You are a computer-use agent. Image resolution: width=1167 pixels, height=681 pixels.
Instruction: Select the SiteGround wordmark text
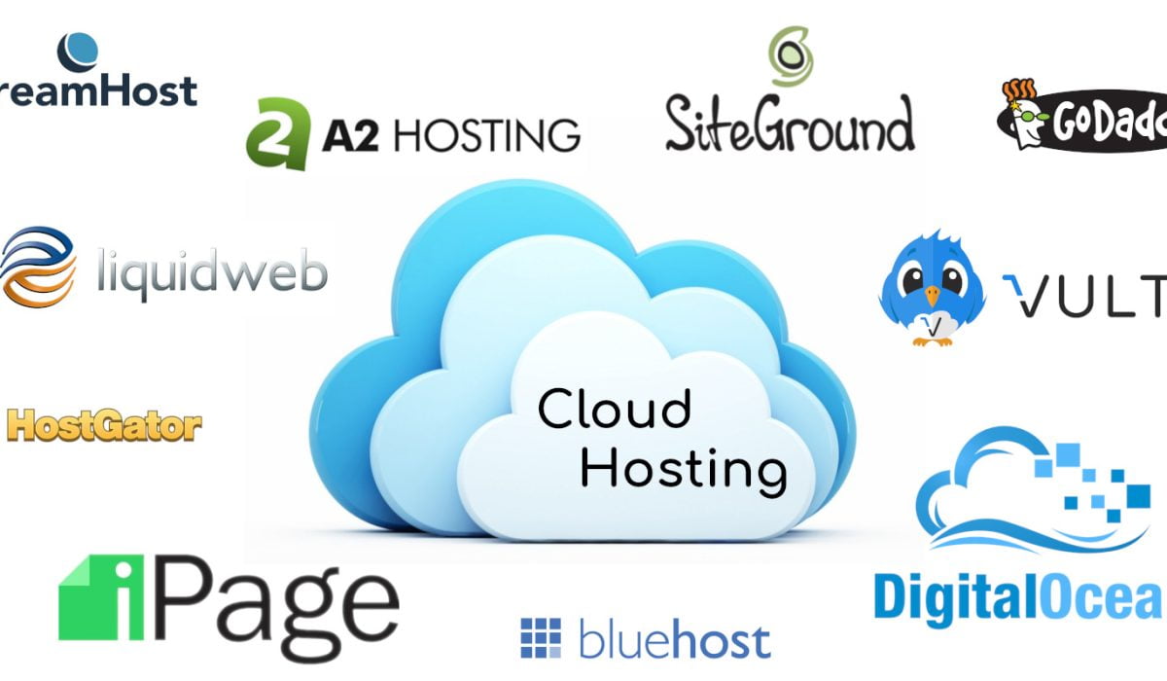pos(790,124)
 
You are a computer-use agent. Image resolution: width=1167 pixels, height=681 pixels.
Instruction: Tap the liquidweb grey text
pos(212,271)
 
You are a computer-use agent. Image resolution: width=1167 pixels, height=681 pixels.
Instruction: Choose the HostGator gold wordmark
pos(104,425)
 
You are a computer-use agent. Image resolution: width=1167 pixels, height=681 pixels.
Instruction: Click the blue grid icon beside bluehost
pos(541,637)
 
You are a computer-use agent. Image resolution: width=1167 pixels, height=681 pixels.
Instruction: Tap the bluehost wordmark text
pos(674,640)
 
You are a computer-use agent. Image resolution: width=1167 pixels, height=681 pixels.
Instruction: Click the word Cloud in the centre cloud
pos(615,409)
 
